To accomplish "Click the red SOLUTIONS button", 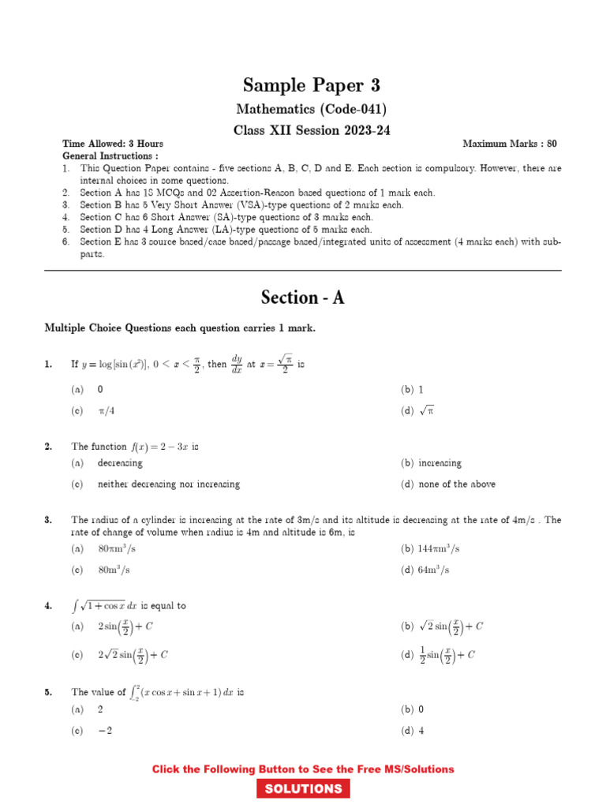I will [x=303, y=789].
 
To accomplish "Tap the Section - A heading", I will [x=303, y=297].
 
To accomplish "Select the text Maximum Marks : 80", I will [x=509, y=144].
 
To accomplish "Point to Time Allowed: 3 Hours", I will [x=113, y=144].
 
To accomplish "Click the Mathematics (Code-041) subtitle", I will [x=311, y=109].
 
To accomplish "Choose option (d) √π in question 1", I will [x=418, y=410].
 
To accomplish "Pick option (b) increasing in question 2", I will [x=432, y=463].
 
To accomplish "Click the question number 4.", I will [x=48, y=606].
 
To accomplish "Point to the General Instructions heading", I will [x=110, y=156].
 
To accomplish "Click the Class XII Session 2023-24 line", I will [x=311, y=130].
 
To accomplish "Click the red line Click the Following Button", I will [x=303, y=769].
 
